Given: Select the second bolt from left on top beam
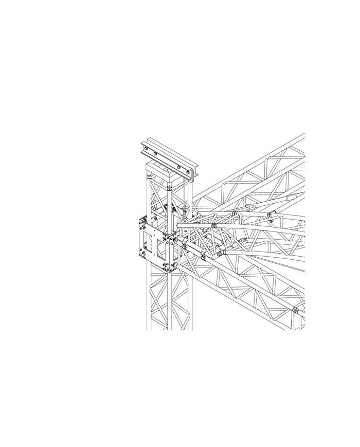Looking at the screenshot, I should (155, 153).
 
